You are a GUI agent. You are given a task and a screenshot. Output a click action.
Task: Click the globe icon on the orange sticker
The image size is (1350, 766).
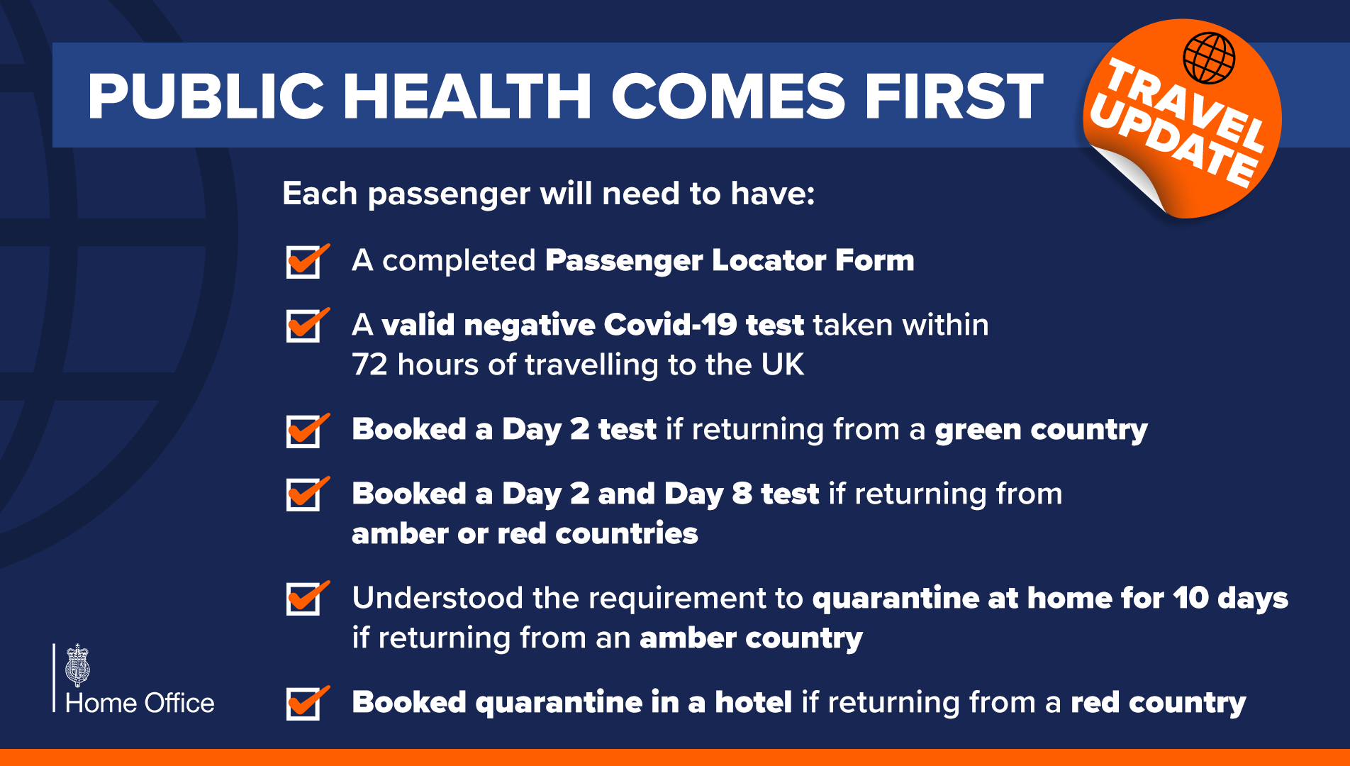point(1209,58)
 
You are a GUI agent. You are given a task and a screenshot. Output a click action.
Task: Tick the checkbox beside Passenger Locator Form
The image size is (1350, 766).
point(303,262)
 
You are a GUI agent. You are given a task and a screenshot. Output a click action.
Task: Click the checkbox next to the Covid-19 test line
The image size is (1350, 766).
point(303,326)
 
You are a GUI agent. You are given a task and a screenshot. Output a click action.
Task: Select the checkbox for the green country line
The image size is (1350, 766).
point(303,431)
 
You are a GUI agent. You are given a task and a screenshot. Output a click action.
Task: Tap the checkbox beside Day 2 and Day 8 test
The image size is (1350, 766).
point(303,494)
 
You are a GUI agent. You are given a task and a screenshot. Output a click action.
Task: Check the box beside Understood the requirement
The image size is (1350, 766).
point(303,599)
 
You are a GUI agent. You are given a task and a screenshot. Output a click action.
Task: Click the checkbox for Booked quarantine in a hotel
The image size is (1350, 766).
point(303,703)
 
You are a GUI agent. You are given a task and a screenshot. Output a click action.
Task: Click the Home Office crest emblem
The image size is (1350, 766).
point(77,665)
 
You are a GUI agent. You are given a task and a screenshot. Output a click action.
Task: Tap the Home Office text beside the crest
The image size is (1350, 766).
point(140,703)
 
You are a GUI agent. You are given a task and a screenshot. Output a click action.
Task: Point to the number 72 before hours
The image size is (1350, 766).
point(369,365)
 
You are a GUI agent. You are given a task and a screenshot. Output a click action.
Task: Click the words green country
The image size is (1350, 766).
point(1041,430)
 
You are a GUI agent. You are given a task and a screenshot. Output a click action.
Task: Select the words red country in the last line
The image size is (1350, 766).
point(1158,702)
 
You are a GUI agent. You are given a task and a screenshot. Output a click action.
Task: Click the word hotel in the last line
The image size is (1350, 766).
point(753,702)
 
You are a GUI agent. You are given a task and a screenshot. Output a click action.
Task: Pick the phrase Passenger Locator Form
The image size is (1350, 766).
point(730,260)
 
